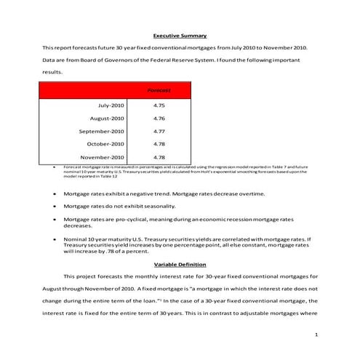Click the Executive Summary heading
point(180,36)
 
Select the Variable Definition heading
point(180,264)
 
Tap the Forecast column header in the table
point(159,90)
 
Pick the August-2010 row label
point(107,118)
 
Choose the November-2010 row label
point(102,156)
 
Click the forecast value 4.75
point(159,105)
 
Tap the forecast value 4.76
point(159,118)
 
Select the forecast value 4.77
point(159,131)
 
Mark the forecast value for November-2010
point(159,156)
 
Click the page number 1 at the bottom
point(317,335)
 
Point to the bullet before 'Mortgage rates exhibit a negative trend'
point(56,194)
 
